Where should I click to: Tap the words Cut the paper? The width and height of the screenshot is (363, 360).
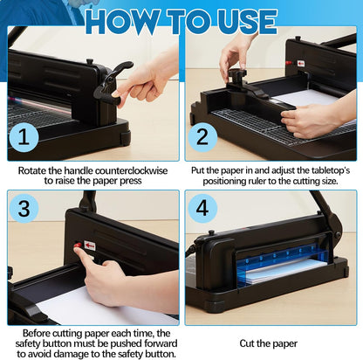tap(271, 344)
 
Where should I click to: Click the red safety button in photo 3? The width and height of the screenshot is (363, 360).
tap(78, 247)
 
